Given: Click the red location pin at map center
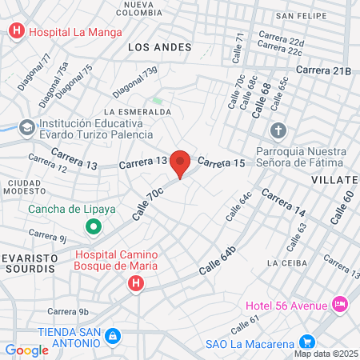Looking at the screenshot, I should [x=180, y=162].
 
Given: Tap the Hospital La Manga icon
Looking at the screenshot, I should [x=16, y=32].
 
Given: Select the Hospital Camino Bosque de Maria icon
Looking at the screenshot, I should [x=136, y=282].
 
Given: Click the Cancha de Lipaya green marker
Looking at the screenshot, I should [x=94, y=227].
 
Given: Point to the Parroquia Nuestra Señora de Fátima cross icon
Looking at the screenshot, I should [x=278, y=130].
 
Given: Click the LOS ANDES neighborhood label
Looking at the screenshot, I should [x=160, y=47].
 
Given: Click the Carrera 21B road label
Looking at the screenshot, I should [x=323, y=71].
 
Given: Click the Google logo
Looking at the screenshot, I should [x=26, y=350].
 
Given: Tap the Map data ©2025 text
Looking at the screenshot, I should [x=326, y=354].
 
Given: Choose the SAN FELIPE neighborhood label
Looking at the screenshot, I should [x=301, y=15].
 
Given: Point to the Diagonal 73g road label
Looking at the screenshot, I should [x=135, y=81].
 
